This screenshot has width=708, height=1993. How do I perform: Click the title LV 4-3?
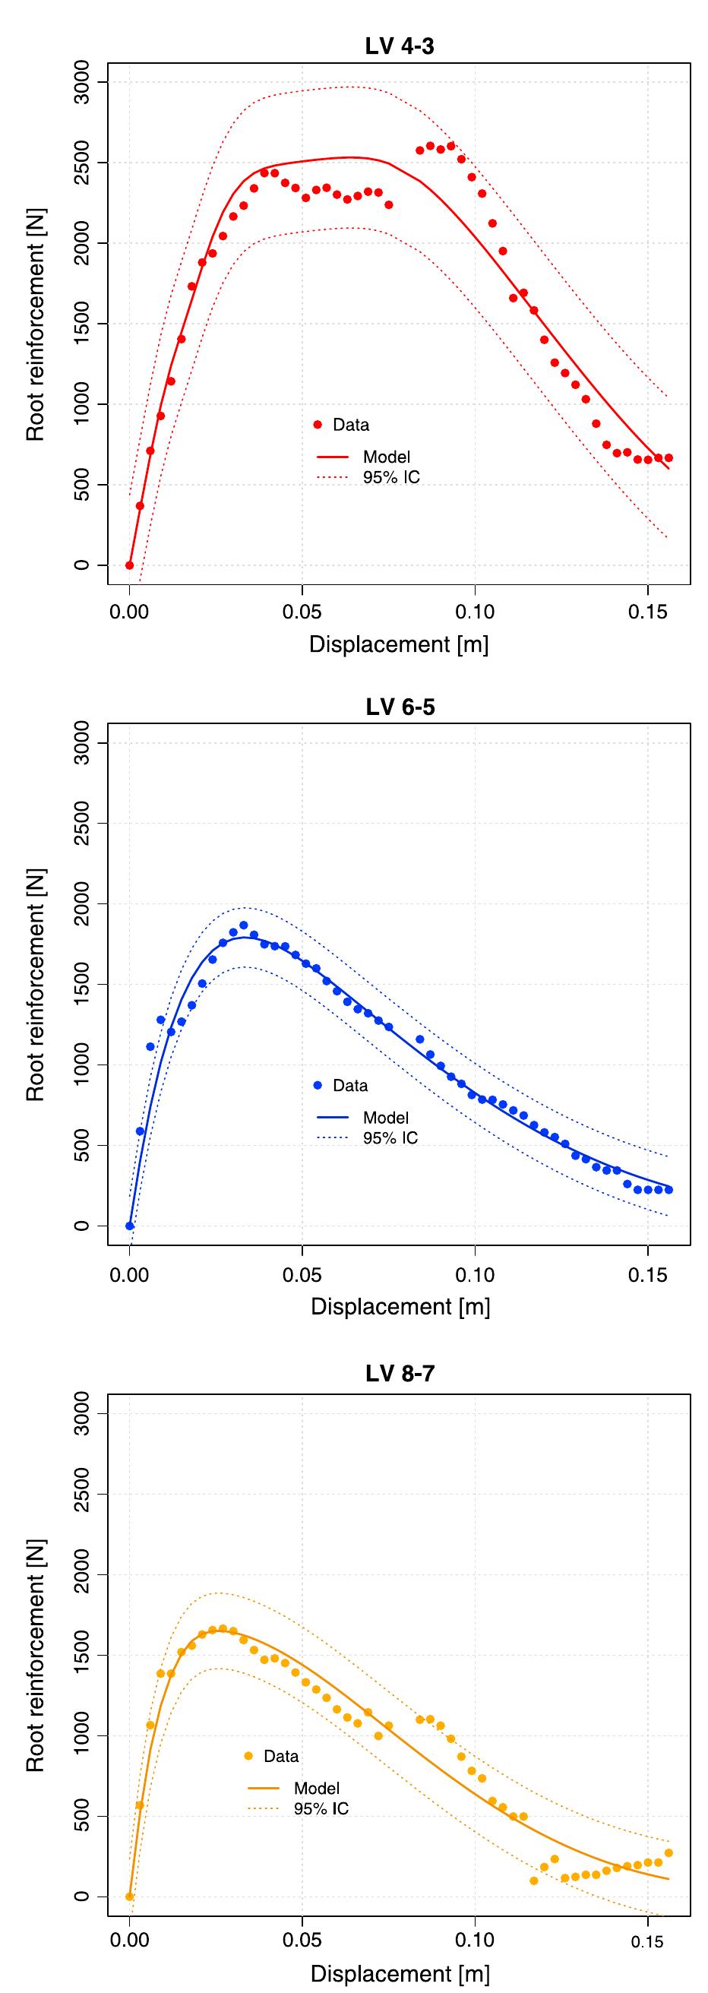click(x=400, y=46)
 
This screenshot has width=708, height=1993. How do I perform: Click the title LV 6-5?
click(x=400, y=707)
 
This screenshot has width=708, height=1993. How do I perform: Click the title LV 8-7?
click(x=400, y=1373)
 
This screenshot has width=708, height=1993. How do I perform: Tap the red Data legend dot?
click(x=318, y=424)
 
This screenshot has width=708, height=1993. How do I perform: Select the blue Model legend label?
click(x=385, y=1117)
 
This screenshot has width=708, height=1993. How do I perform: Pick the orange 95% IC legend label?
click(x=321, y=1809)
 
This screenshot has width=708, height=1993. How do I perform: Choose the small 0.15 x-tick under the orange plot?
click(x=647, y=1942)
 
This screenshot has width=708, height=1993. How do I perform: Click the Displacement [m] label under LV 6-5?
click(x=400, y=1307)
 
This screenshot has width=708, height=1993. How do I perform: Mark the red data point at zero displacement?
click(x=129, y=565)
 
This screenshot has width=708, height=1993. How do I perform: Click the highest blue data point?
click(x=243, y=925)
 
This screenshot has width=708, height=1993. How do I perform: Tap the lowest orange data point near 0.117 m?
click(x=534, y=1880)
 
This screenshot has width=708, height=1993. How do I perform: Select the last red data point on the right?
click(x=668, y=458)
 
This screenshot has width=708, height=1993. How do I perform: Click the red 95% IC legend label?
click(x=391, y=477)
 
